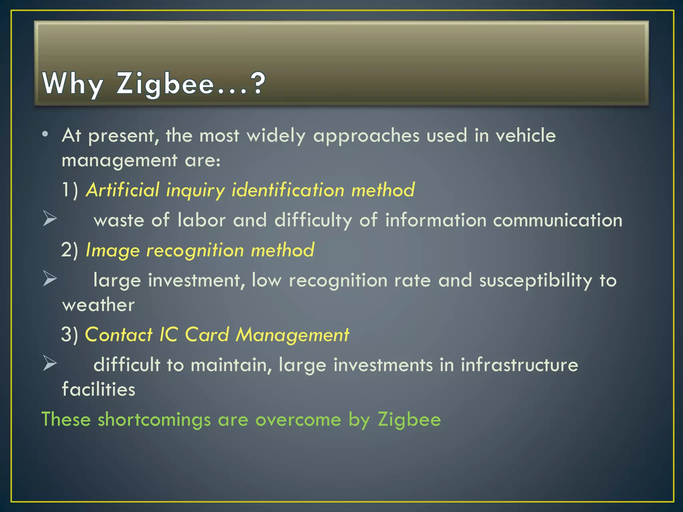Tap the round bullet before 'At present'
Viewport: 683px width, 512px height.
(45, 134)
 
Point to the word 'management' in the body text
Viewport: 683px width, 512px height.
(119, 161)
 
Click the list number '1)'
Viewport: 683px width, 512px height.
(70, 190)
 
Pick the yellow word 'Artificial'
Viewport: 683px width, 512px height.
(123, 190)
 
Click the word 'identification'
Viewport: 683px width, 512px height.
(288, 190)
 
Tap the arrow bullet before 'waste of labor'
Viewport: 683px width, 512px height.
(50, 219)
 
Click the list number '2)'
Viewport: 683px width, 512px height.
(70, 250)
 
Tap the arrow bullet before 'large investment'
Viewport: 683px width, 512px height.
(50, 279)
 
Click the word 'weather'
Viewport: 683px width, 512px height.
(98, 305)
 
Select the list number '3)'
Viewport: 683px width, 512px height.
(69, 335)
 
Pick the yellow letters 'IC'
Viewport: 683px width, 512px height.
(168, 335)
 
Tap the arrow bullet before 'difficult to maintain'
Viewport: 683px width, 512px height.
(50, 363)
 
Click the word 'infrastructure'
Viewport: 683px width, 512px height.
(519, 365)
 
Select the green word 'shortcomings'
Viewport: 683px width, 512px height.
(154, 419)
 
